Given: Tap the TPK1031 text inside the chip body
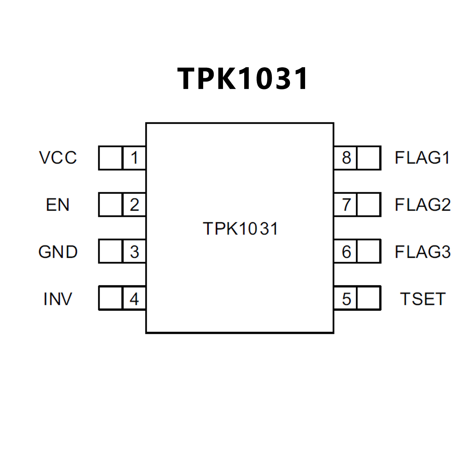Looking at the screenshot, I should click(240, 229).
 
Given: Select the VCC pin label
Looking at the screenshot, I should click(58, 158).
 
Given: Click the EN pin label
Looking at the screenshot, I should click(58, 205).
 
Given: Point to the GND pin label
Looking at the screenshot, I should click(58, 252).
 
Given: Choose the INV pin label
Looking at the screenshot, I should click(58, 299).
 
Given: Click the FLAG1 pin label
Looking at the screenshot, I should click(422, 158).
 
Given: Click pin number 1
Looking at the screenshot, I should click(134, 158).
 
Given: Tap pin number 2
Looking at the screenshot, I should click(134, 205).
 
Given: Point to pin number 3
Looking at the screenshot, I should click(134, 252).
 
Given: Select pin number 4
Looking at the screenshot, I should click(134, 299).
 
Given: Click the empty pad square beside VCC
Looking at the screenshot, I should click(111, 158).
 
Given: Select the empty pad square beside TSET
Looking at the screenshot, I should click(369, 298).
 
